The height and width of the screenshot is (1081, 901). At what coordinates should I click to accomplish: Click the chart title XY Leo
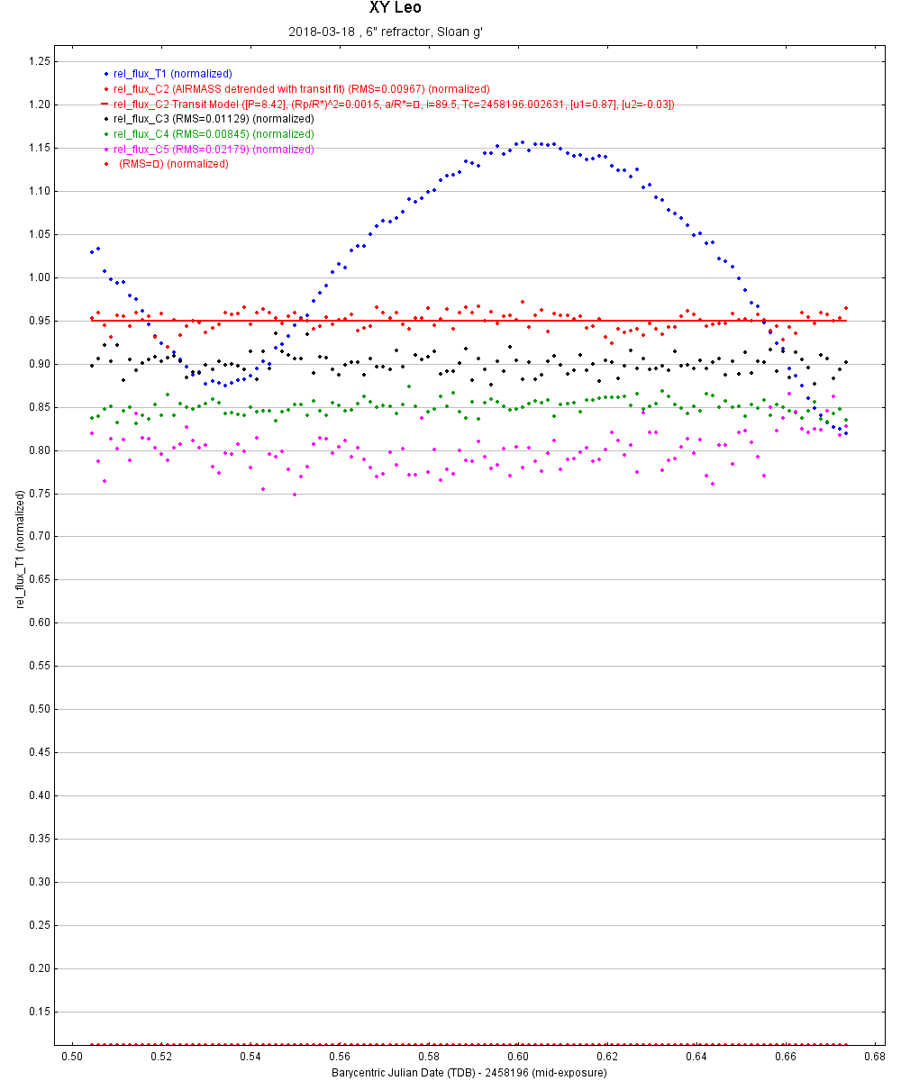[395, 8]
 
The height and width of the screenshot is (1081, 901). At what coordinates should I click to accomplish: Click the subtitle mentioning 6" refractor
[387, 32]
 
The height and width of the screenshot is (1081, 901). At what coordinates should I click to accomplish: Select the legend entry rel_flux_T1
[172, 73]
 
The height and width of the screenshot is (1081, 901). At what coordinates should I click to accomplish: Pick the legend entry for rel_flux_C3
[214, 119]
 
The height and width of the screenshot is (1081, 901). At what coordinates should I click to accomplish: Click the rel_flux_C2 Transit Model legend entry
[393, 104]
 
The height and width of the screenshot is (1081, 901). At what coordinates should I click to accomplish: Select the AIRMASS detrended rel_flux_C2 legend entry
[301, 89]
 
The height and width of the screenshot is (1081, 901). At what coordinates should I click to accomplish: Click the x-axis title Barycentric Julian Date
[469, 1073]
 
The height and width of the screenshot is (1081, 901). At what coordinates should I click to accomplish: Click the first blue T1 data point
[92, 252]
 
